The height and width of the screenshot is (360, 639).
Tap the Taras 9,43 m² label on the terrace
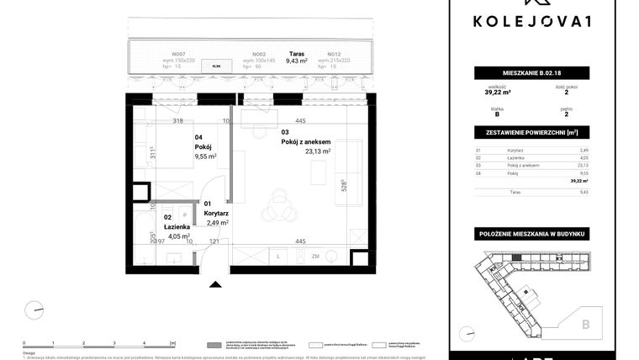(294, 56)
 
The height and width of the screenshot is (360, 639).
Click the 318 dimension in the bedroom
(177, 121)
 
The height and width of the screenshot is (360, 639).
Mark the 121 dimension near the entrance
(214, 241)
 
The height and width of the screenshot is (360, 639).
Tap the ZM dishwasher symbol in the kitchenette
(315, 256)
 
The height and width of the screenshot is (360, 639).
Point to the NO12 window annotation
(334, 53)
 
